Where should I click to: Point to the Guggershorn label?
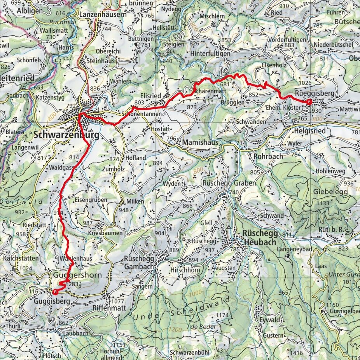(78, 275)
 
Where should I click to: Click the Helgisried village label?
(310, 131)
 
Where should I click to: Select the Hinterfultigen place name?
(213, 53)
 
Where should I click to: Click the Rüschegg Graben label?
(229, 183)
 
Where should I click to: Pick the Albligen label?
(30, 11)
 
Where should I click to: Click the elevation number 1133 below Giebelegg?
(323, 203)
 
